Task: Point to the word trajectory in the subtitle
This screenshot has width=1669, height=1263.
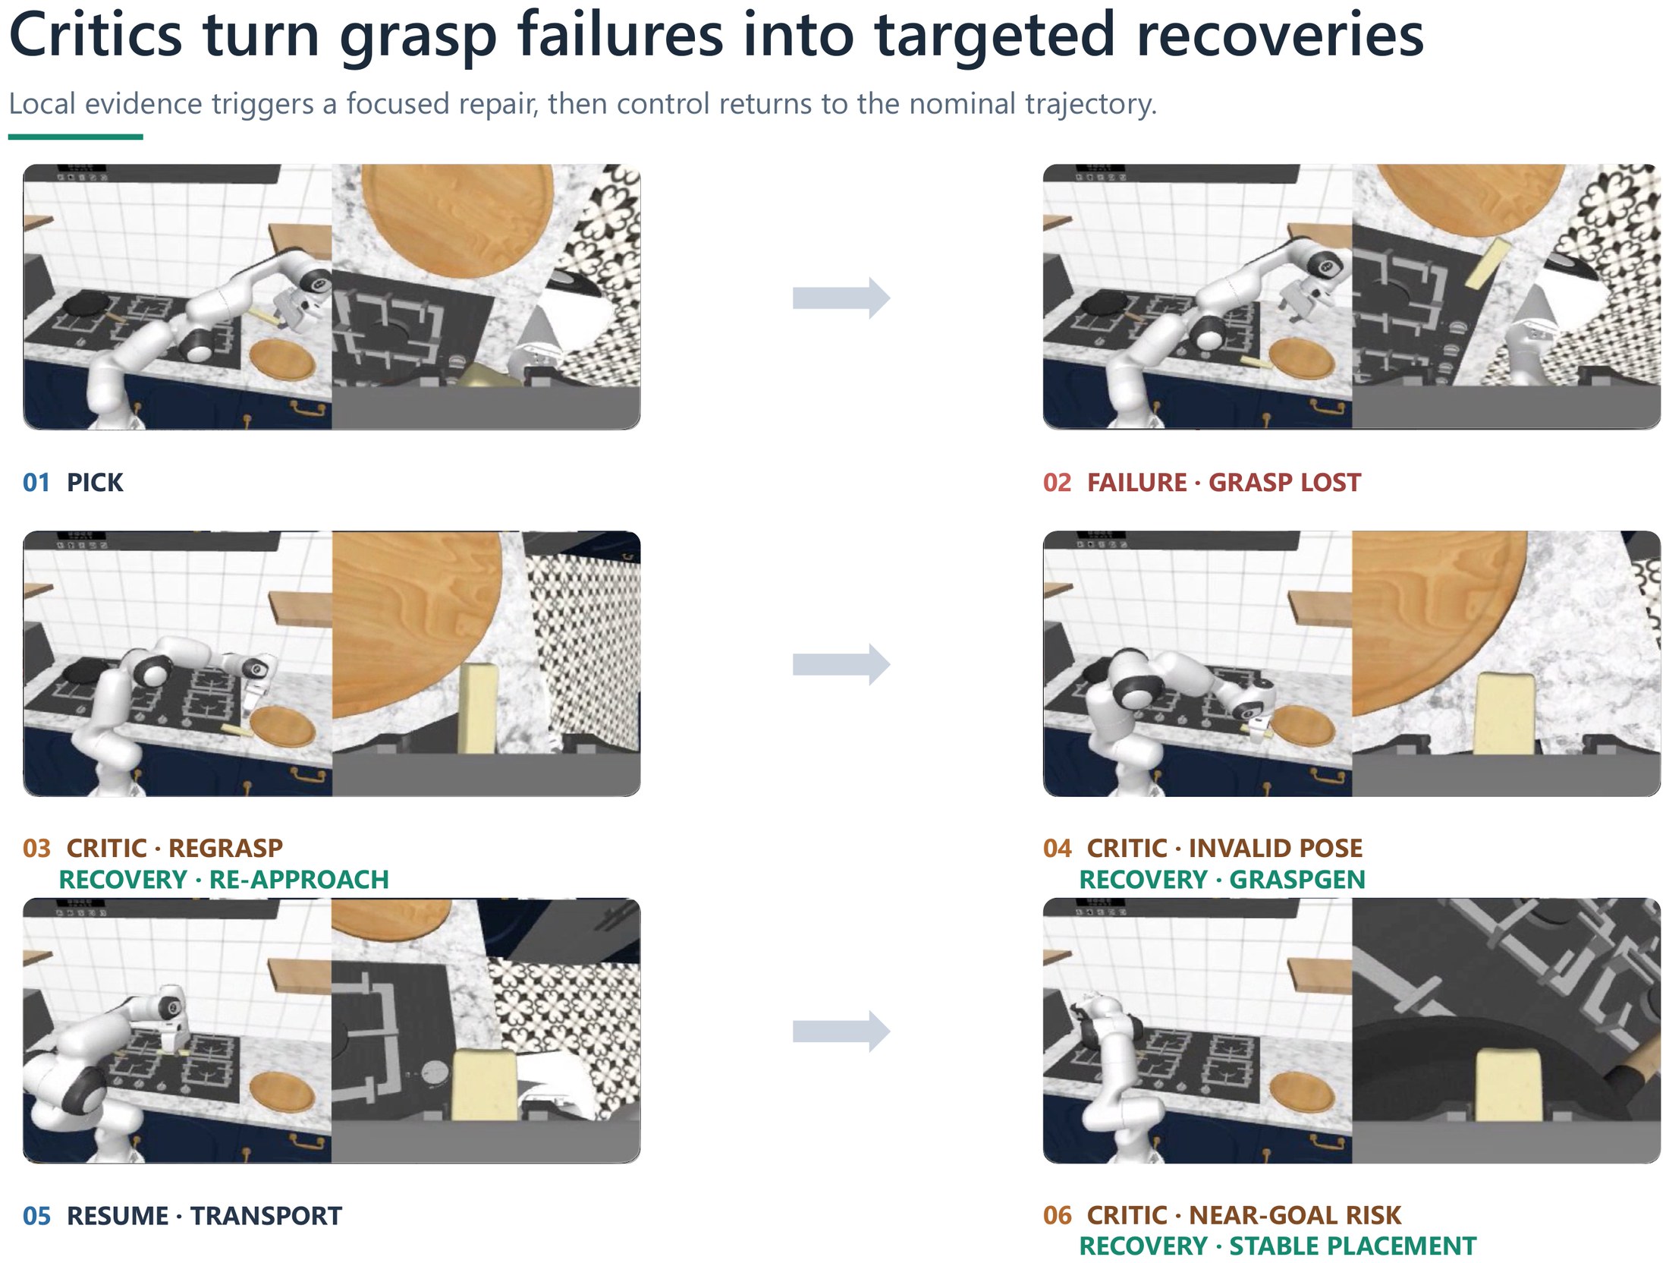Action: (x=1086, y=104)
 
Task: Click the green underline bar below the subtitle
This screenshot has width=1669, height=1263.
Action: (x=76, y=137)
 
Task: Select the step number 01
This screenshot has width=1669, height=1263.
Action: (x=36, y=483)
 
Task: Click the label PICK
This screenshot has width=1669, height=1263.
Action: (x=95, y=483)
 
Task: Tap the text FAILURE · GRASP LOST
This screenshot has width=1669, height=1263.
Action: (x=1224, y=483)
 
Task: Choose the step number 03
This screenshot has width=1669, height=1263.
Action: (x=36, y=848)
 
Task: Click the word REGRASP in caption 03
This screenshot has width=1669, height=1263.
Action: (x=225, y=848)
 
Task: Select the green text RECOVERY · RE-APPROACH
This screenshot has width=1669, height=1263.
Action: (x=224, y=880)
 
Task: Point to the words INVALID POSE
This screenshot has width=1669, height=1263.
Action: (x=1275, y=848)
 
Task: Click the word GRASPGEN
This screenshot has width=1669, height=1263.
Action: (x=1297, y=880)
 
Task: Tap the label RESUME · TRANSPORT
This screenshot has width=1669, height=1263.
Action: (x=204, y=1216)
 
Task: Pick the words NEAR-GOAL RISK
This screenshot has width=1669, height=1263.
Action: (x=1295, y=1215)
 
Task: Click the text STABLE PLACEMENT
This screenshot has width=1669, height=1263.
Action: (x=1353, y=1246)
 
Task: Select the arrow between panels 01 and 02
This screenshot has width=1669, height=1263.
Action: (x=841, y=298)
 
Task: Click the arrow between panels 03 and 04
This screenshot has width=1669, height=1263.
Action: (x=841, y=665)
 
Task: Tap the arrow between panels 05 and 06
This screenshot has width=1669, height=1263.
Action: (x=841, y=1032)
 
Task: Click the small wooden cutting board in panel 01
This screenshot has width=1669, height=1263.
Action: (x=281, y=360)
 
